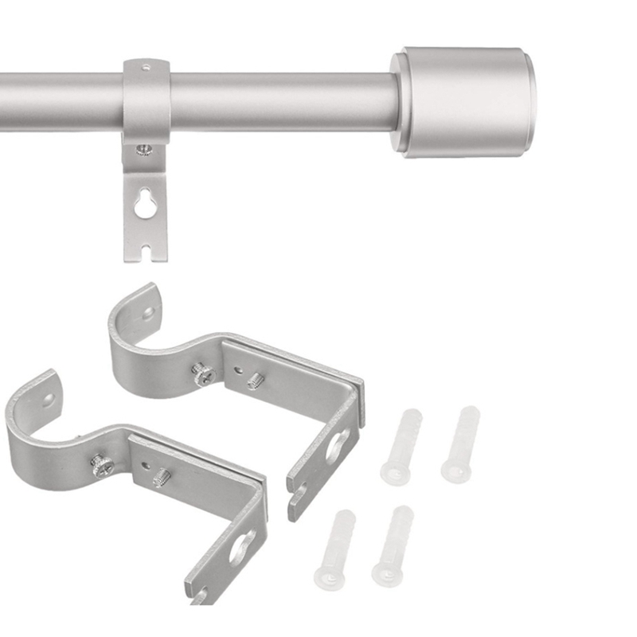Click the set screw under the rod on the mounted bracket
[x=143, y=149]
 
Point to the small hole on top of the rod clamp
[x=147, y=66]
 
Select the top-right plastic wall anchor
[x=461, y=444]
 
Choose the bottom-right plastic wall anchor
[x=393, y=546]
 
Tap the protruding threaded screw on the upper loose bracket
[x=255, y=381]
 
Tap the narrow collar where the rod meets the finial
[x=398, y=101]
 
